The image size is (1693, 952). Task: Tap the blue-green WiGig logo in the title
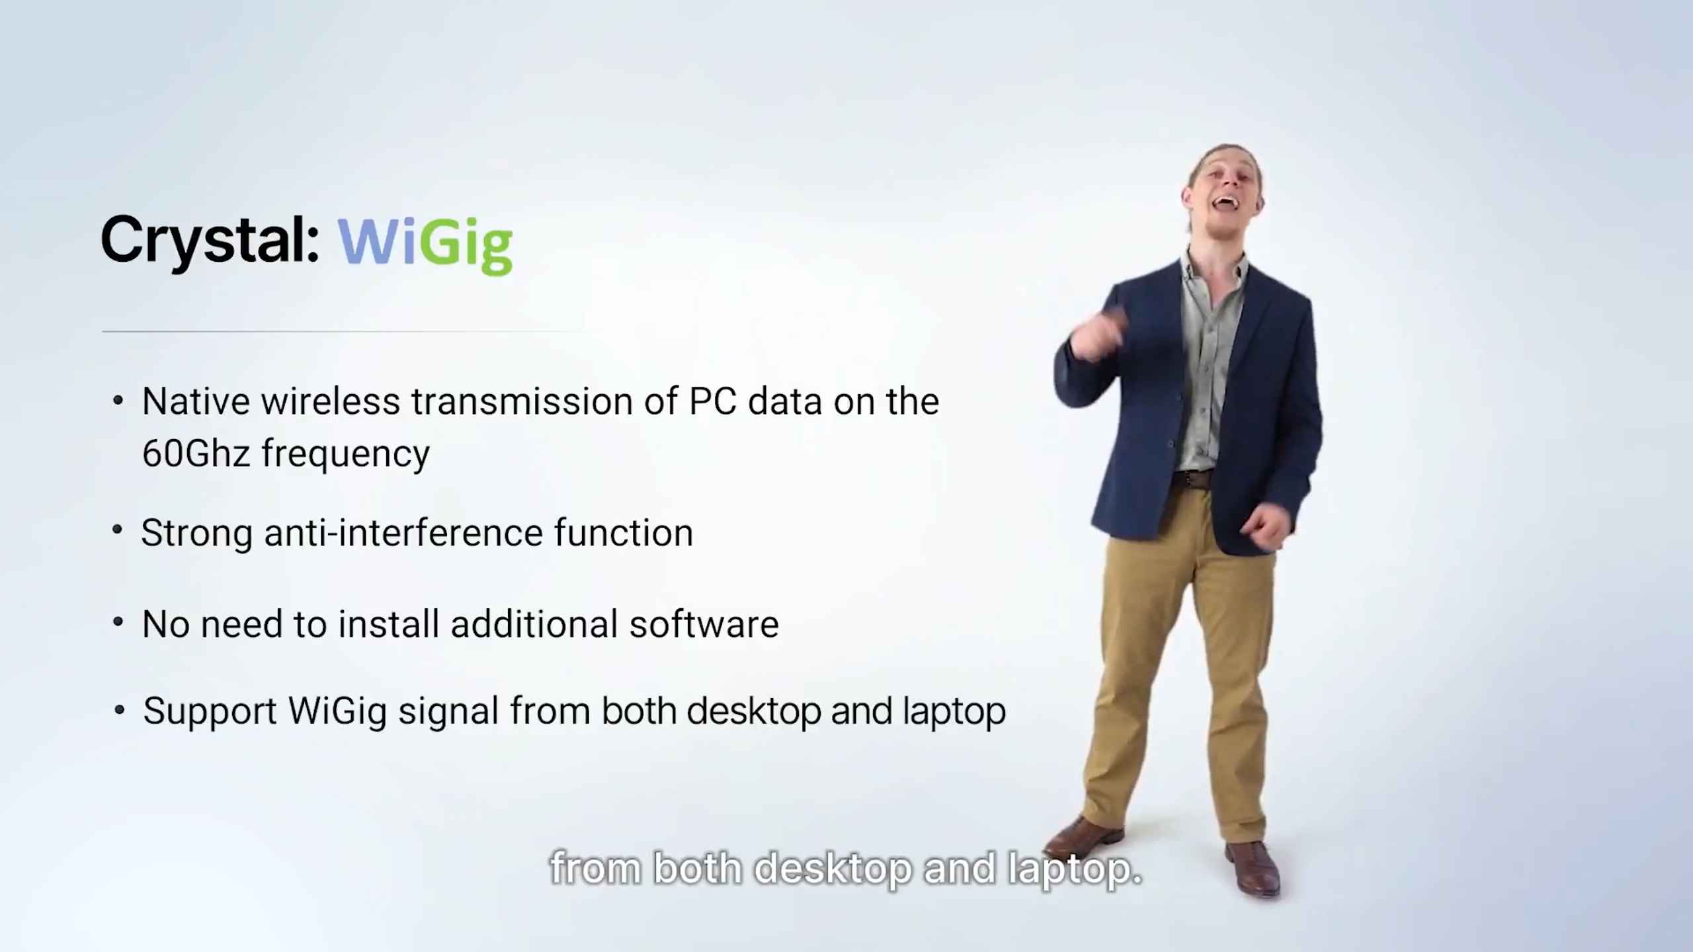425,243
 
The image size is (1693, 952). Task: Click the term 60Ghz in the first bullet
196,454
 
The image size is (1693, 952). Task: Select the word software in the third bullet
704,624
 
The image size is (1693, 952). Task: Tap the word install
389,624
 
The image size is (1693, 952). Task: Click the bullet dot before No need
118,621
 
